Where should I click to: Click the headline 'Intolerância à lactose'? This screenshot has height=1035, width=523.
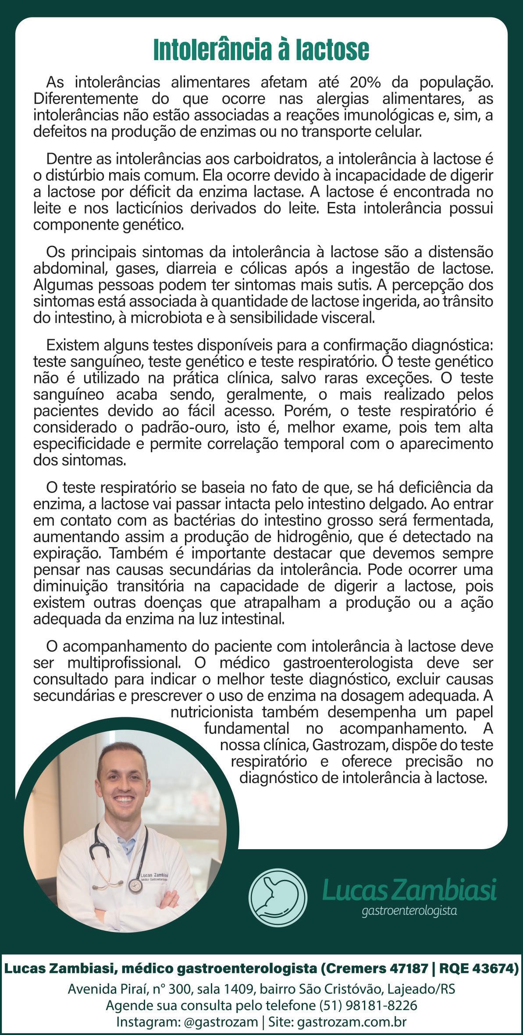click(x=261, y=50)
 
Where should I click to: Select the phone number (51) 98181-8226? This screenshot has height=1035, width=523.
click(x=368, y=1005)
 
